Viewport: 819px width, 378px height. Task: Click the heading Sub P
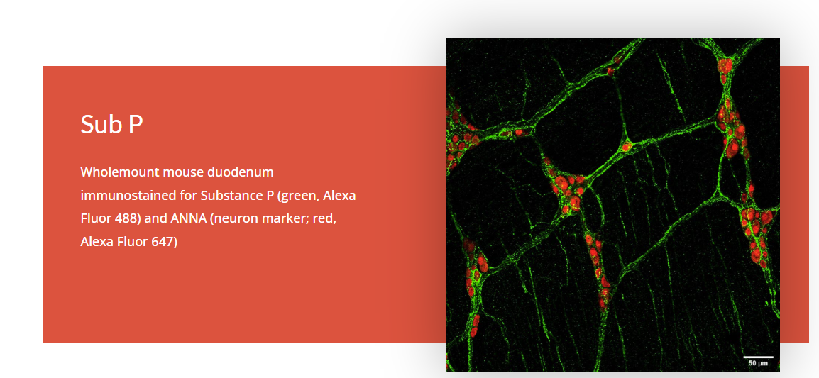tap(111, 124)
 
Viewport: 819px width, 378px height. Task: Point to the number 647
tap(165, 243)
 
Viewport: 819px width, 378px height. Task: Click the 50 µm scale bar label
tap(758, 362)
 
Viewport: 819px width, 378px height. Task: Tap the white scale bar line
tap(758, 357)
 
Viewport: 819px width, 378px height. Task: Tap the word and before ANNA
tap(155, 218)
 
